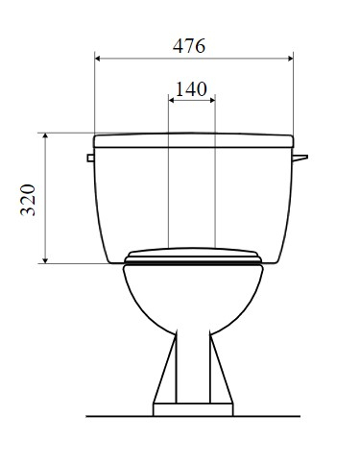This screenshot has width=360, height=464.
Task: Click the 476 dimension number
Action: tap(189, 46)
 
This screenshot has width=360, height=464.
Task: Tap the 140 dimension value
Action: tap(191, 89)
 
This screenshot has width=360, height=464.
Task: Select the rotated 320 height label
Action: tap(28, 200)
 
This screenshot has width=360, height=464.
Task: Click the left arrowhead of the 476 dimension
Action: tap(98, 59)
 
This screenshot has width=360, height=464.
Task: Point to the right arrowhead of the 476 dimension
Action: tap(290, 59)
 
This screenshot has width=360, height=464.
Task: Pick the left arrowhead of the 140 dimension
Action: tap(172, 100)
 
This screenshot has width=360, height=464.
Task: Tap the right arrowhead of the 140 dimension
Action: tap(212, 100)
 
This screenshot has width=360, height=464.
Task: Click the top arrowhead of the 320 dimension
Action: tap(45, 136)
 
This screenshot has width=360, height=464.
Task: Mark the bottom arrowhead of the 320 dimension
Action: tap(45, 260)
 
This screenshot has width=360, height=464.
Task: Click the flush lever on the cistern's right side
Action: tap(300, 158)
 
